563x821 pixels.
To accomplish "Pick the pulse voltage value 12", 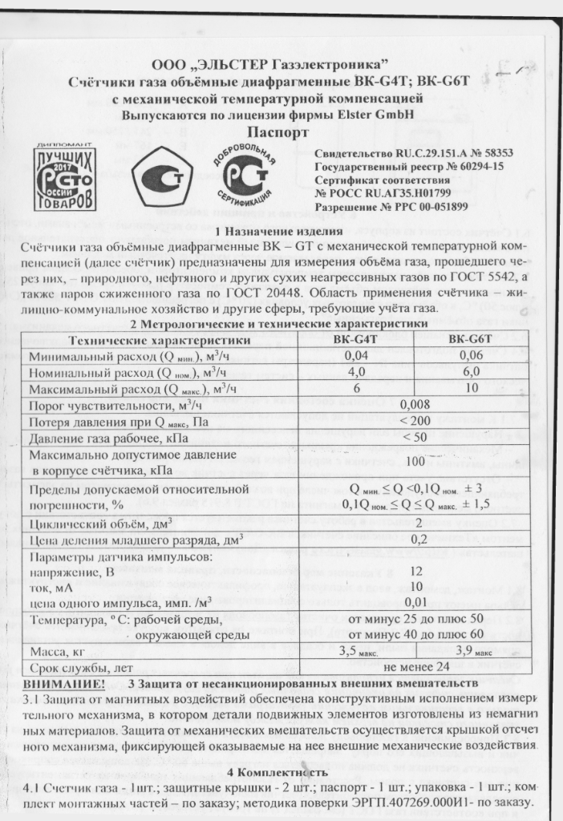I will coord(414,572).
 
